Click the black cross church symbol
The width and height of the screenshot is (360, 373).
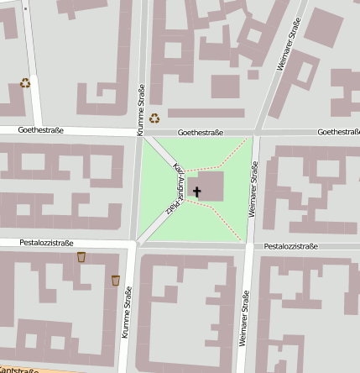click(x=197, y=192)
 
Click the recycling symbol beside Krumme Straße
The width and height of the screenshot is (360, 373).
click(x=154, y=118)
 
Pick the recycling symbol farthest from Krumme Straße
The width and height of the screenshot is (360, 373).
click(x=25, y=83)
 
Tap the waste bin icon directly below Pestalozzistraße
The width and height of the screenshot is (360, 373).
click(x=81, y=257)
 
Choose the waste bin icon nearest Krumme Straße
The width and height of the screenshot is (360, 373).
click(x=115, y=280)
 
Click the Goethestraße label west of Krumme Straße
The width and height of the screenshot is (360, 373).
click(x=43, y=130)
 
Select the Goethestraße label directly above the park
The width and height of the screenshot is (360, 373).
click(x=201, y=133)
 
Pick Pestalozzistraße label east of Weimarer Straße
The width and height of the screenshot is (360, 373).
click(x=290, y=246)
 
